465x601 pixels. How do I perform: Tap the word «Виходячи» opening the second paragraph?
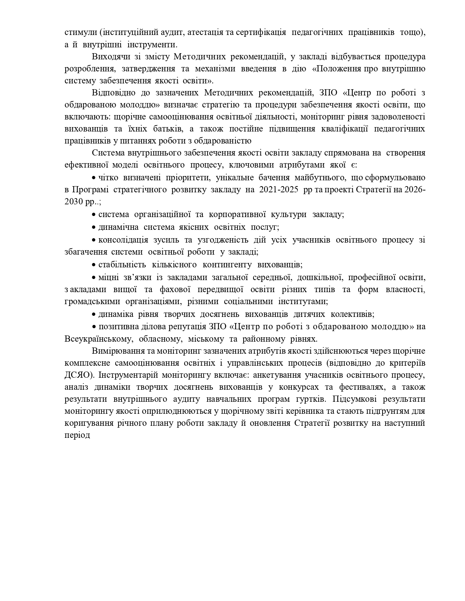109,57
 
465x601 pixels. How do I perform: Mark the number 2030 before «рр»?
74,202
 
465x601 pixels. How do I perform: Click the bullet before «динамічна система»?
94,227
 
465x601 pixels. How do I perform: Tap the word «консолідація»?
123,240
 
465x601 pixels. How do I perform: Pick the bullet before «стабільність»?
94,265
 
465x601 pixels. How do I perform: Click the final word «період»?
77,435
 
